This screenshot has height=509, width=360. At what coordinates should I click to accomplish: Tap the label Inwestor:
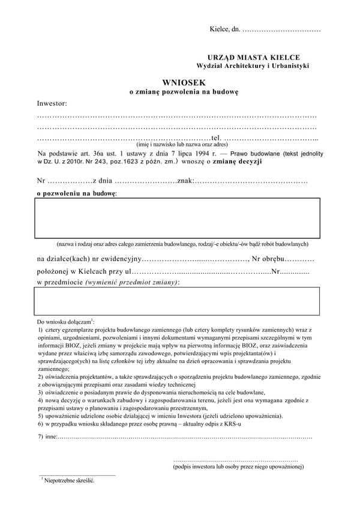pyautogui.click(x=52, y=103)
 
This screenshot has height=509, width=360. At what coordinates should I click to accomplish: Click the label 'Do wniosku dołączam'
pyautogui.click(x=64, y=323)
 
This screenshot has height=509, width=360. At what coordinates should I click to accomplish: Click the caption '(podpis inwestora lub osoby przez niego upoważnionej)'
pyautogui.click(x=238, y=466)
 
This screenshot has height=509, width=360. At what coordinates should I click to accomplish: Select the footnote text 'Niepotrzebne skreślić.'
pyautogui.click(x=70, y=481)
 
